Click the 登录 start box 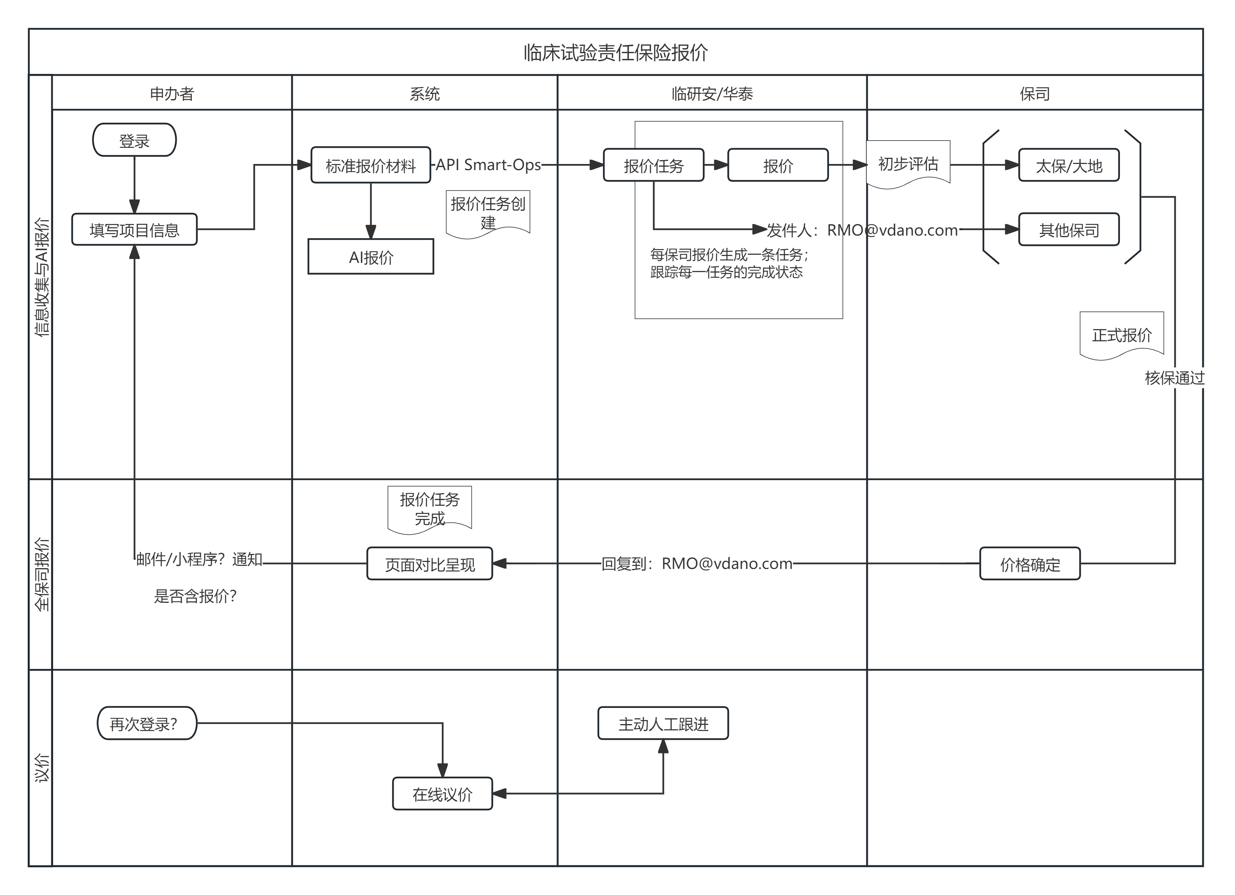pos(134,141)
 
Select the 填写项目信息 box pos(134,230)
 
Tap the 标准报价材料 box pos(371,165)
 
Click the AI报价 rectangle pos(371,257)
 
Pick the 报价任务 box pos(653,165)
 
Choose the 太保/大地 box pos(1068,165)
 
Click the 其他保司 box pos(1068,230)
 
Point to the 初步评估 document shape pos(908,164)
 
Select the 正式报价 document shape pos(1122,335)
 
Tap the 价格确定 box pos(1030,564)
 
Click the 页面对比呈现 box pos(429,564)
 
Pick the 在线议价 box pos(442,794)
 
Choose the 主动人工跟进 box pos(663,723)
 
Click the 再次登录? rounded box pos(147,723)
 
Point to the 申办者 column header pos(172,93)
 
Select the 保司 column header pos(1034,93)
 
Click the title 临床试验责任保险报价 pos(616,52)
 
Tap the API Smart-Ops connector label pos(488,164)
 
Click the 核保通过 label pos(1175,378)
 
